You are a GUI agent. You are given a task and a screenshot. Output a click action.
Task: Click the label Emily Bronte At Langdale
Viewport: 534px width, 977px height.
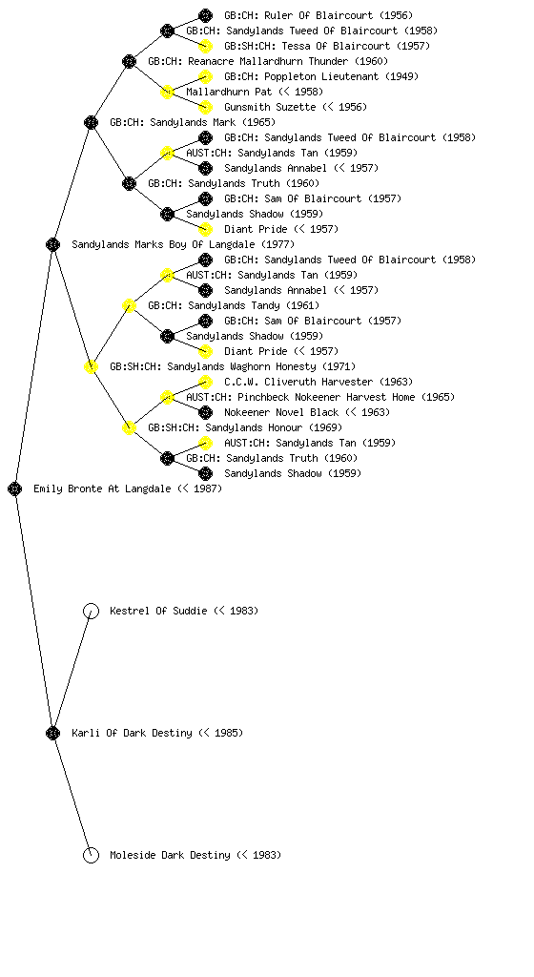pyautogui.click(x=102, y=488)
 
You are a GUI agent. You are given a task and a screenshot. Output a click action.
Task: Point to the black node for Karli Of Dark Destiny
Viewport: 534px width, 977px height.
pyautogui.click(x=52, y=733)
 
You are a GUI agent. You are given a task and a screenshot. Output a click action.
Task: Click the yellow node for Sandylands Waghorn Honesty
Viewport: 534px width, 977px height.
pyautogui.click(x=91, y=366)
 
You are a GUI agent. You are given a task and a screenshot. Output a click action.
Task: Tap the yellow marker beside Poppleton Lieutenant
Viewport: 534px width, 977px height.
pyautogui.click(x=205, y=76)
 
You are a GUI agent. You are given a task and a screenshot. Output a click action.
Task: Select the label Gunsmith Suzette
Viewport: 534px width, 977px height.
pyautogui.click(x=270, y=107)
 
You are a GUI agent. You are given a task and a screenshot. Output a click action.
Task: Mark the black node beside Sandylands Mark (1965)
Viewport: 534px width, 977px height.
pyautogui.click(x=91, y=122)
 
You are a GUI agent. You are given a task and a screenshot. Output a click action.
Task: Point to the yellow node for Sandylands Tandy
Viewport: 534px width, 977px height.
pyautogui.click(x=129, y=305)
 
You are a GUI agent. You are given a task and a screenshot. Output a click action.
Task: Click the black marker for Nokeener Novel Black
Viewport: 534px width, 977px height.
pyautogui.click(x=205, y=412)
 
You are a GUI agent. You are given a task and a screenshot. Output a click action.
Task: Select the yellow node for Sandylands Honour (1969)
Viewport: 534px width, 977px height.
pyautogui.click(x=129, y=427)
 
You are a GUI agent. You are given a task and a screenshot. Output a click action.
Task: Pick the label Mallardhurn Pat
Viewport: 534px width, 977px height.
pyautogui.click(x=229, y=92)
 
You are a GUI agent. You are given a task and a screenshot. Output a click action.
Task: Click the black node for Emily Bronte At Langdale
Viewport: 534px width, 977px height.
pyautogui.click(x=15, y=488)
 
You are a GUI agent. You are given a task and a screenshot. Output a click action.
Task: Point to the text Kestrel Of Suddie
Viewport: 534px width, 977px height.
pyautogui.click(x=158, y=611)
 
